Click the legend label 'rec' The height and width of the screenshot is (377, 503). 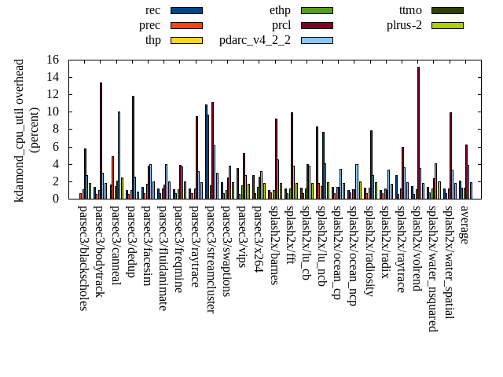click(153, 10)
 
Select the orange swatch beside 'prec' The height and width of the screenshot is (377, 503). click(186, 25)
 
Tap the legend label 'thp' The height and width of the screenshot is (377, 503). click(153, 40)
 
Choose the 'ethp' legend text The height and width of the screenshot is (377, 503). click(280, 10)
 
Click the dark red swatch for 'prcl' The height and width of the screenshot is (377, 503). click(317, 25)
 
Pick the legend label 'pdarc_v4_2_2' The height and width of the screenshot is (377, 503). click(255, 40)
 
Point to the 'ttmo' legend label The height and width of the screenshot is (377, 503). click(410, 10)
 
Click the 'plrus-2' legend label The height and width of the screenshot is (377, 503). click(404, 25)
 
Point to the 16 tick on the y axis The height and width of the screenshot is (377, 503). click(53, 60)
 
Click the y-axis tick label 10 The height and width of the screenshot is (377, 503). click(53, 112)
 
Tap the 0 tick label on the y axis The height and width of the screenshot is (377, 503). click(56, 199)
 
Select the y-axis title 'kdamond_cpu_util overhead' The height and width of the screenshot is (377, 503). click(20, 130)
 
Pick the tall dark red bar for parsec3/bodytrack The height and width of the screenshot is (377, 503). click(101, 140)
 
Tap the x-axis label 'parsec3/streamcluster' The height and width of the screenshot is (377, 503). click(211, 258)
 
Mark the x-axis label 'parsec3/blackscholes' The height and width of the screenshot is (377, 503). click(83, 258)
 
